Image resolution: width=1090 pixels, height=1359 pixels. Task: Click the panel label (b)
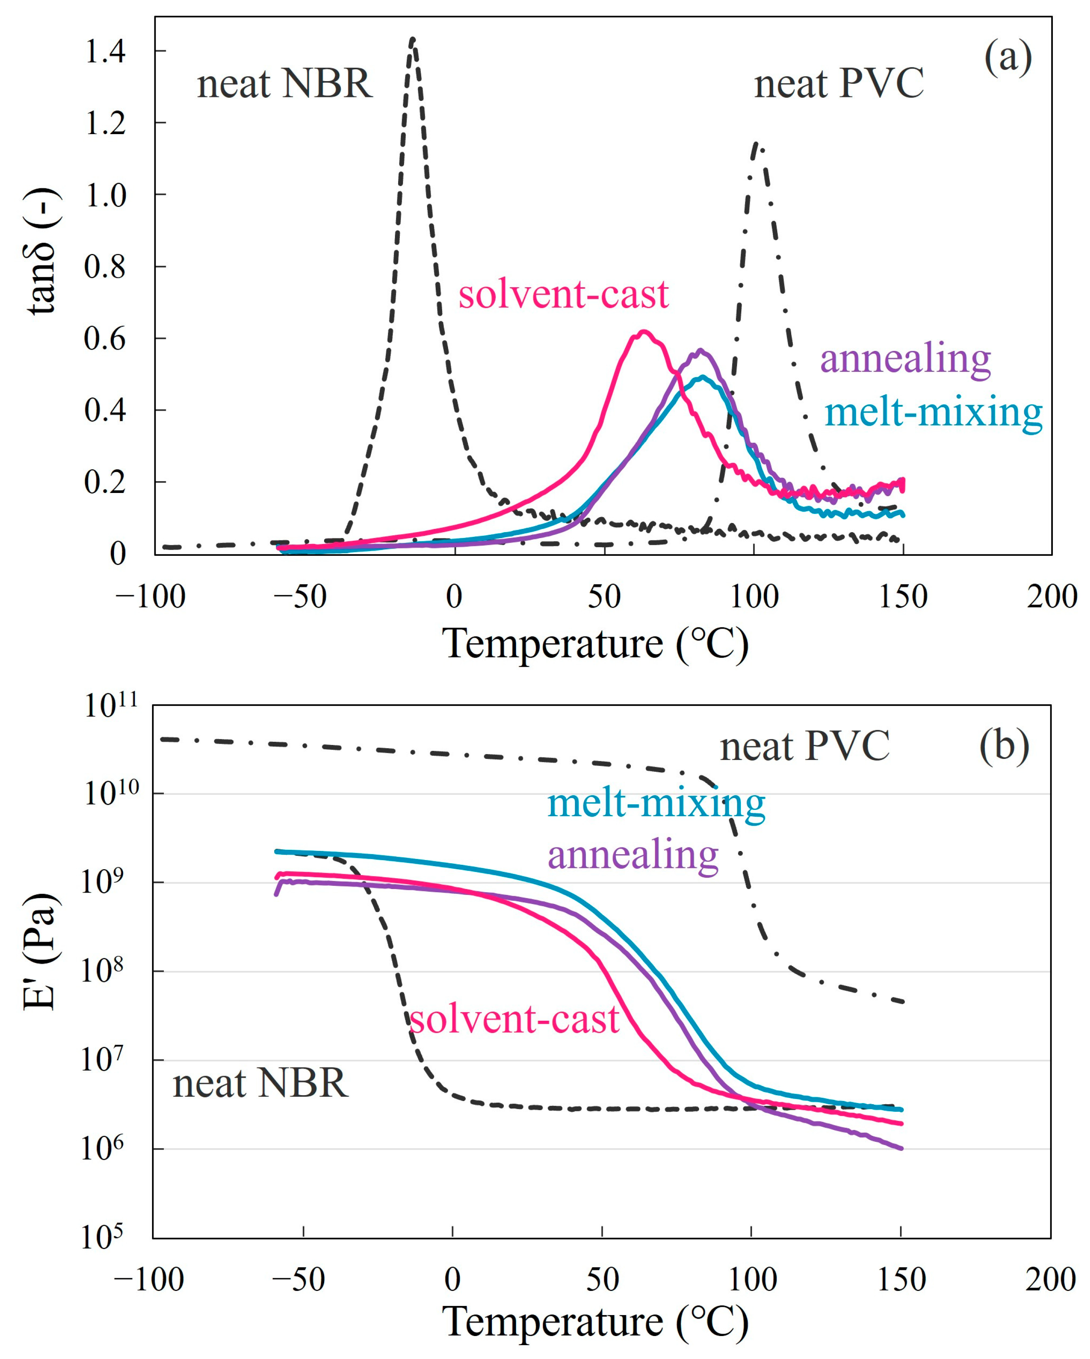[x=1004, y=746]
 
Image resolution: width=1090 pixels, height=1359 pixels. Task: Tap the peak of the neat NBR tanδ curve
[x=412, y=39]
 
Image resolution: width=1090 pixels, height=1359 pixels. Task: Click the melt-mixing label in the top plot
[x=933, y=413]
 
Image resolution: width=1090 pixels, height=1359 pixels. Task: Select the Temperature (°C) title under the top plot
[x=595, y=644]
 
